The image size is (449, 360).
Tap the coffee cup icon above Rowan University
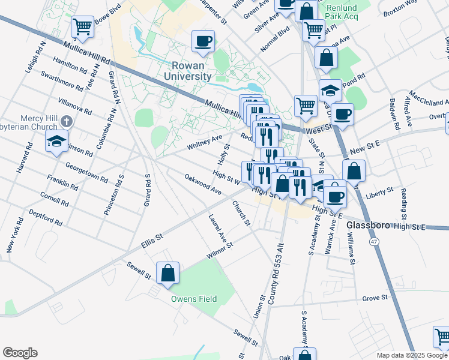(x=203, y=41)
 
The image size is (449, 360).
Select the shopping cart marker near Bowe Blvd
(x=82, y=26)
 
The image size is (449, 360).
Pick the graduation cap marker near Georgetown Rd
(x=56, y=142)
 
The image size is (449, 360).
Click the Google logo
(x=20, y=352)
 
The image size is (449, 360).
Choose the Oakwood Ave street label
(x=203, y=184)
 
